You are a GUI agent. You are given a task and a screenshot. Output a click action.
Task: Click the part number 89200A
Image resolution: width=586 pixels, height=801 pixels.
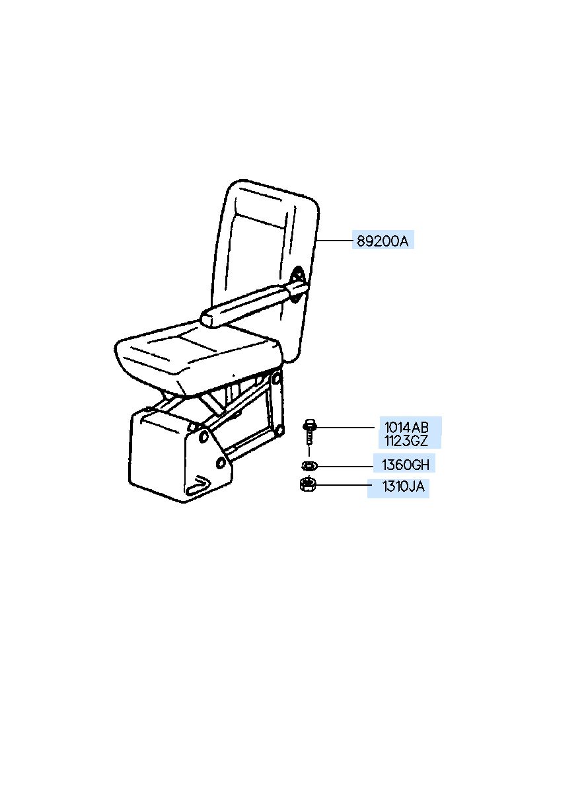tap(383, 242)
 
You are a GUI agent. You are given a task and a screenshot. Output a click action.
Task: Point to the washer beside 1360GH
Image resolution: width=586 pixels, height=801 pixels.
tap(309, 466)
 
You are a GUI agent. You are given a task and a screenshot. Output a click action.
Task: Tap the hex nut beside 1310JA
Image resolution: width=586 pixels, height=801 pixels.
tap(308, 486)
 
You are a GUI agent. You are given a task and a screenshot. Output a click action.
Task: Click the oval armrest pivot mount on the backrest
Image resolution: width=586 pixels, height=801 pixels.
tap(297, 285)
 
